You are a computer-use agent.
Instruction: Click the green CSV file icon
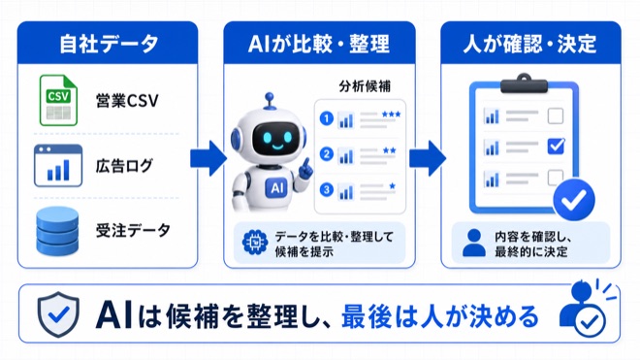pyautogui.click(x=58, y=100)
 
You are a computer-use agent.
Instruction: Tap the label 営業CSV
pyautogui.click(x=127, y=101)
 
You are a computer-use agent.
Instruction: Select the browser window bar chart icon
pyautogui.click(x=58, y=166)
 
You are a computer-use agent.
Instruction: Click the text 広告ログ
pyautogui.click(x=124, y=166)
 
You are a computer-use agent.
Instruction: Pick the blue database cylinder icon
pyautogui.click(x=57, y=231)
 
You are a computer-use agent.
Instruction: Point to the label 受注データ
pyautogui.click(x=133, y=231)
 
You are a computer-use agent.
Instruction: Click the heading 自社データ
pyautogui.click(x=109, y=44)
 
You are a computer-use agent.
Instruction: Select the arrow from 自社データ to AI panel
pyautogui.click(x=208, y=158)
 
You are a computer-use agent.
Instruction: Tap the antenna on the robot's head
pyautogui.click(x=269, y=101)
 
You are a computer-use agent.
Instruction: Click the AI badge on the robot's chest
pyautogui.click(x=276, y=188)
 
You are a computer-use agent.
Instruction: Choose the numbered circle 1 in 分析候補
pyautogui.click(x=327, y=119)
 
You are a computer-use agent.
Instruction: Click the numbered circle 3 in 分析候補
pyautogui.click(x=327, y=190)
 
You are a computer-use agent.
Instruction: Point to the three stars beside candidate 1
pyautogui.click(x=391, y=115)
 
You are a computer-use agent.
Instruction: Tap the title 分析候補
pyautogui.click(x=365, y=86)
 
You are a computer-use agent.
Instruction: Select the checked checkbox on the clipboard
pyautogui.click(x=556, y=146)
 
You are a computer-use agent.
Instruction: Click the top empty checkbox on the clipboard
pyautogui.click(x=556, y=115)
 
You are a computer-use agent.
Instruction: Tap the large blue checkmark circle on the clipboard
pyautogui.click(x=574, y=200)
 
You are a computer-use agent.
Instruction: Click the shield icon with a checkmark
pyautogui.click(x=58, y=313)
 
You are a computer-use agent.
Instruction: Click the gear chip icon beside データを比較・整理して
pyautogui.click(x=255, y=243)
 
